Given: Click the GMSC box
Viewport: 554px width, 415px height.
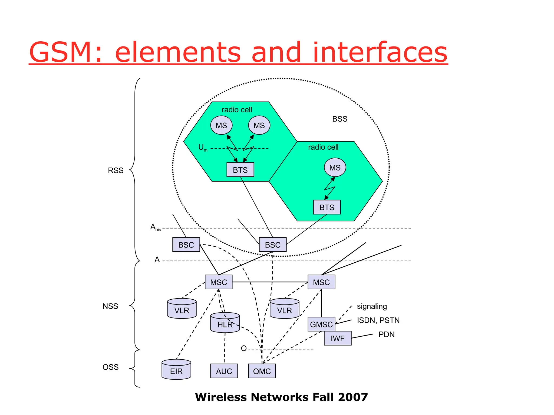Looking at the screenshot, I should click(321, 324).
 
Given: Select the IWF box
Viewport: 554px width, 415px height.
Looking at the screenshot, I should click(338, 338).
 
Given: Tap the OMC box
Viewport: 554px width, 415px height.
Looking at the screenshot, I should click(262, 371).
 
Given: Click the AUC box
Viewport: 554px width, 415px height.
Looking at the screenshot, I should click(224, 371).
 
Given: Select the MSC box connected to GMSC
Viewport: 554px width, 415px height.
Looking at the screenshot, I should click(321, 282).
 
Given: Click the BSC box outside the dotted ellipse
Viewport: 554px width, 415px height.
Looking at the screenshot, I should click(186, 245).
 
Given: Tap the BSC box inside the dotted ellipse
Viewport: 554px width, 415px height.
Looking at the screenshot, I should click(273, 245).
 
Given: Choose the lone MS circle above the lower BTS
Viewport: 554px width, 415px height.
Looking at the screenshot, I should click(335, 168).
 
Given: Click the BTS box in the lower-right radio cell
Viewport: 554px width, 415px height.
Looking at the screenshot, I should click(327, 207).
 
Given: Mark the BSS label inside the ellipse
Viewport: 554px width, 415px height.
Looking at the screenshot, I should click(340, 119).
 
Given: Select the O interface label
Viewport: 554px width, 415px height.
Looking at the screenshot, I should click(244, 349).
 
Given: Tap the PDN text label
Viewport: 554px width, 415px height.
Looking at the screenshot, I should click(387, 334).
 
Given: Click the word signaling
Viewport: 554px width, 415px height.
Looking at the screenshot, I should click(372, 306).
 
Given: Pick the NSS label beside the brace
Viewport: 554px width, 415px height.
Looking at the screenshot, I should click(110, 306).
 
